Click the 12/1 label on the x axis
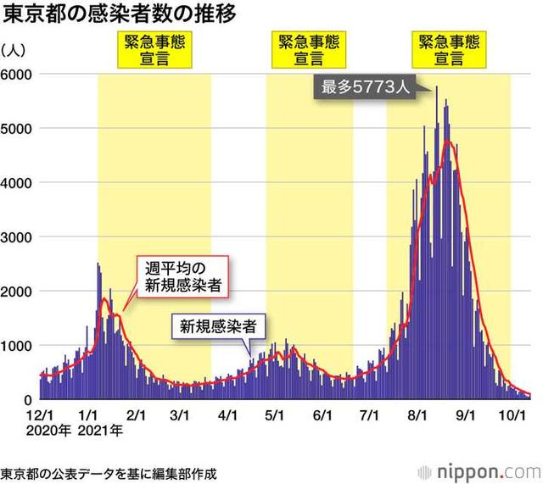click(39, 415)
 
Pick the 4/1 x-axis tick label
click(227, 415)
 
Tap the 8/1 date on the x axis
click(417, 415)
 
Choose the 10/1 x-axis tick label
click(509, 415)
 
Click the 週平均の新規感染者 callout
click(183, 277)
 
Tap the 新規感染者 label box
click(218, 325)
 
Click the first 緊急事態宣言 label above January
click(154, 51)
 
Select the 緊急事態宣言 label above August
click(449, 51)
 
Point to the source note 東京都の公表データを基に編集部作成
click(109, 471)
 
